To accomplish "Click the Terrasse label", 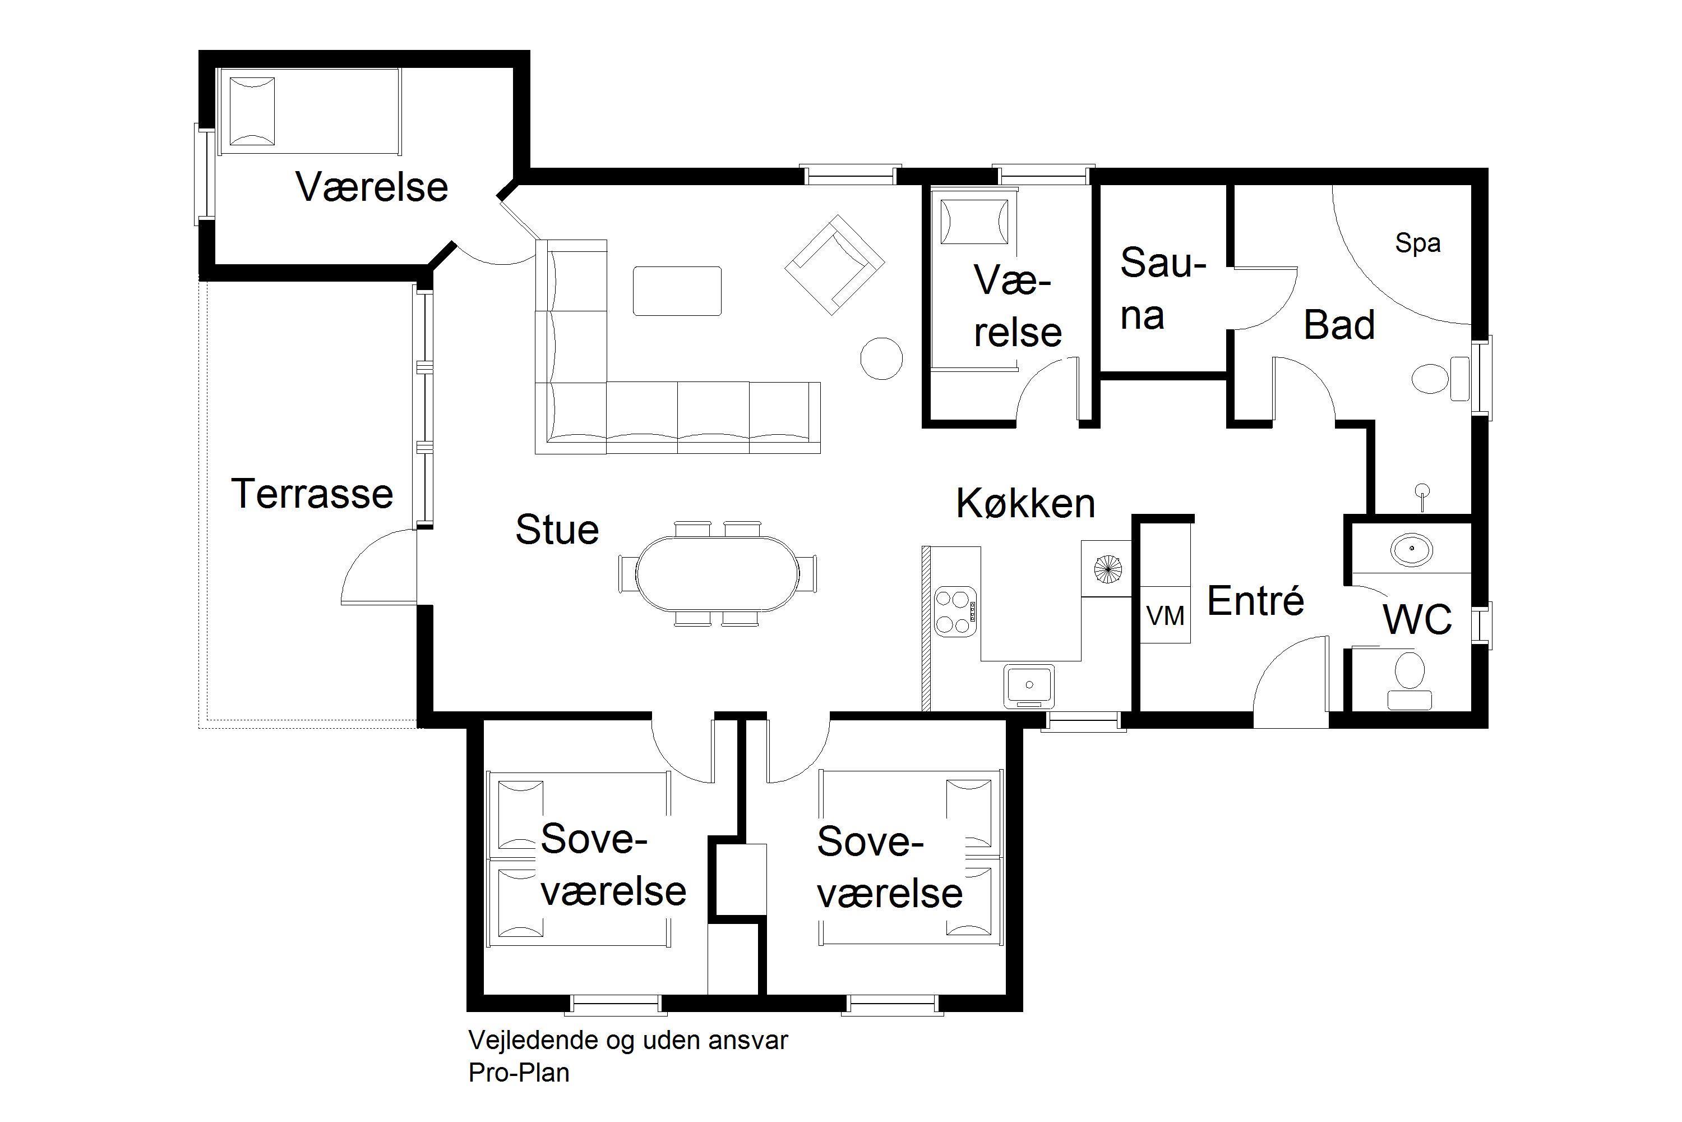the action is pos(312,494).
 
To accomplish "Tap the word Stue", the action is pos(557,530).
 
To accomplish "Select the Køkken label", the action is pos(1025,503).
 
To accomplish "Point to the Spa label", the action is pos(1417,244).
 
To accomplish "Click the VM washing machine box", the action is pos(1165,615).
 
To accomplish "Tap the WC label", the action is pos(1417,620).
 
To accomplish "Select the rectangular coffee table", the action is pos(677,291).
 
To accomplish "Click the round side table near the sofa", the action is pos(881,358).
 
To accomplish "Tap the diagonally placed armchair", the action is pos(835,265).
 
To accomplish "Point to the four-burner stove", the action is pos(955,611).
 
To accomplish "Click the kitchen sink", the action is pos(1029,685).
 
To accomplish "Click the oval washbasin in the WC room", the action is pos(1412,550).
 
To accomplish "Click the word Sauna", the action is pos(1162,288).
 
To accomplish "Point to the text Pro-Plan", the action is pos(519,1073).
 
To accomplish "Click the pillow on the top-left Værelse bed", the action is pos(251,112).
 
